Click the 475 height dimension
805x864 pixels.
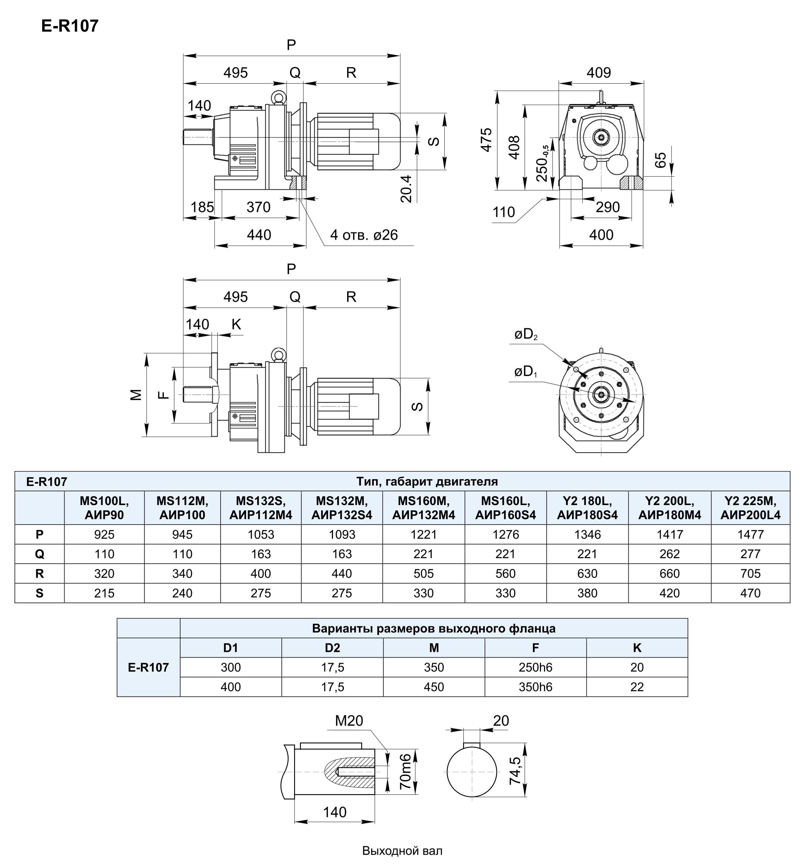coord(486,140)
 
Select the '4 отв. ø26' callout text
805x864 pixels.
coord(364,235)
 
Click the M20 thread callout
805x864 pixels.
coord(349,721)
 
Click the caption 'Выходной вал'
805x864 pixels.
coord(402,851)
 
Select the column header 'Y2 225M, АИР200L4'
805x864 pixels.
coord(750,508)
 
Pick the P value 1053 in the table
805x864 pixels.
coord(261,535)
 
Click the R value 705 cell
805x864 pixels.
coord(750,574)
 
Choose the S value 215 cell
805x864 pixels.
coord(104,593)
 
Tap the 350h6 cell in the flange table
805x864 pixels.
coord(535,687)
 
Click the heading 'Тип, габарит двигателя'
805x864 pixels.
coord(427,482)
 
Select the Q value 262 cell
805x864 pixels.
coord(670,554)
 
